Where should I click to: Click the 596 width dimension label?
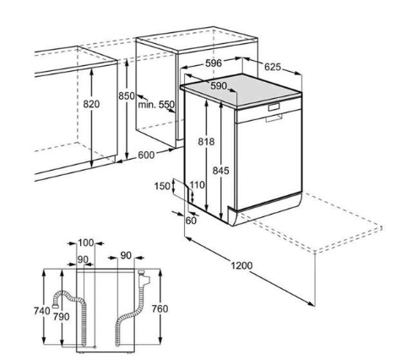click(214, 63)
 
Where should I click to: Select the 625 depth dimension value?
click(273, 67)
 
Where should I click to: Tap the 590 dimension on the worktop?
click(219, 85)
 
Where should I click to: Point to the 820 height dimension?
click(91, 104)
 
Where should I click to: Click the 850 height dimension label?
click(126, 95)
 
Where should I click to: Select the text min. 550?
click(156, 105)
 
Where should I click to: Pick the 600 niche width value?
click(146, 155)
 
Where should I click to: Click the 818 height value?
click(206, 141)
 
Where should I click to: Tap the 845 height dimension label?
click(221, 171)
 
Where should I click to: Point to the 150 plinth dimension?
click(162, 186)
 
